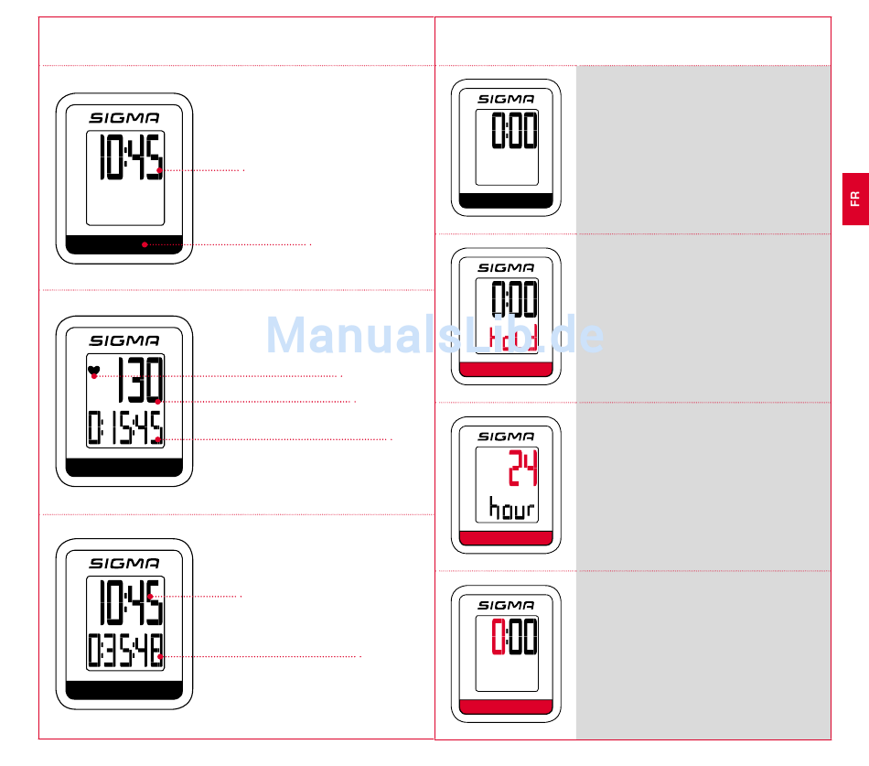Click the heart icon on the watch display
tap(92, 371)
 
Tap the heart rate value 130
tap(140, 381)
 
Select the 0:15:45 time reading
tap(125, 428)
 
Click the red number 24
tap(523, 469)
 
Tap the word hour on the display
tap(511, 509)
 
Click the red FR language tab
tap(854, 199)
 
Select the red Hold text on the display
tap(511, 340)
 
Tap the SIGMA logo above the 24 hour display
tap(506, 437)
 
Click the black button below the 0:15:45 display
tap(124, 468)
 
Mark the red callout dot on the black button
tap(145, 244)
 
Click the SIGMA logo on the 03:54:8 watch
tap(124, 564)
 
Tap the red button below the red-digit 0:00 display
tap(506, 707)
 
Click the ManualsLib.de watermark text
tap(434, 337)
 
